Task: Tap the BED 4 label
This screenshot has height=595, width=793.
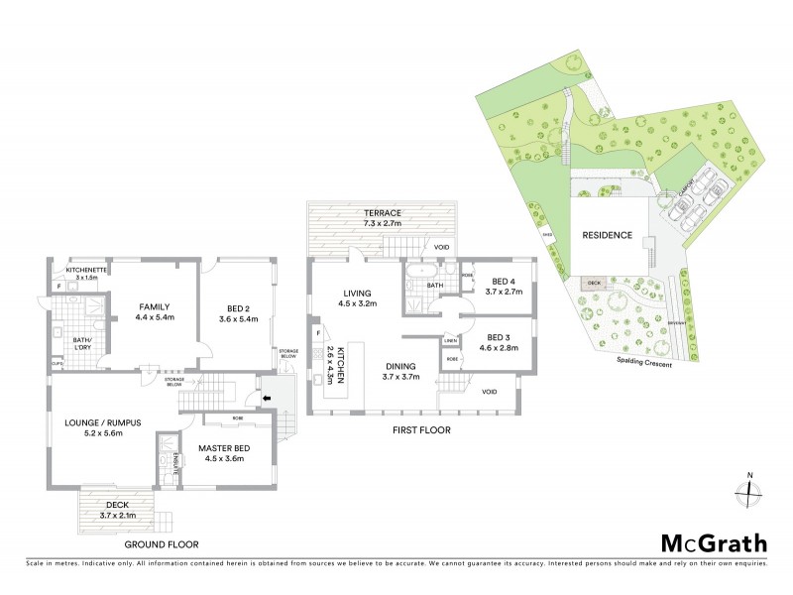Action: click(503, 281)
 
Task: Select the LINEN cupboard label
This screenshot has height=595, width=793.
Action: click(449, 341)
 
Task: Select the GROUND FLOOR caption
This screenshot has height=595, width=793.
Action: click(161, 544)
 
